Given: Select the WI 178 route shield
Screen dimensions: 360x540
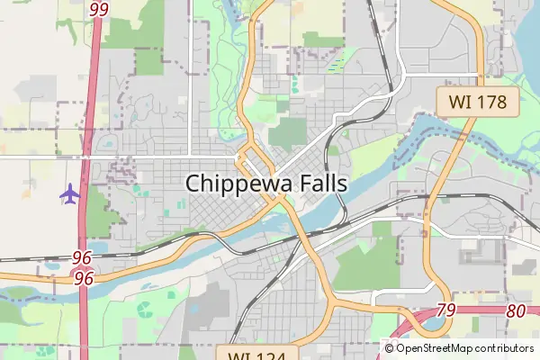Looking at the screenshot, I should coord(478,101).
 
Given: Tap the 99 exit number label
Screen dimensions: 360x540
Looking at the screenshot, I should coord(99,9).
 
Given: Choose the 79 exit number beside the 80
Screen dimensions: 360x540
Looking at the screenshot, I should coord(445,310).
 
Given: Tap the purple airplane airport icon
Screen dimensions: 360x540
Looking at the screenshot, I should coord(69,193).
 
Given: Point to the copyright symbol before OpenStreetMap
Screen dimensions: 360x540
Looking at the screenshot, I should coord(389,348).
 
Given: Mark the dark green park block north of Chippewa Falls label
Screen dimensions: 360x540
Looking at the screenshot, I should coord(287,134).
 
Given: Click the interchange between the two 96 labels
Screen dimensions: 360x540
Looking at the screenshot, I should coord(84,267).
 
